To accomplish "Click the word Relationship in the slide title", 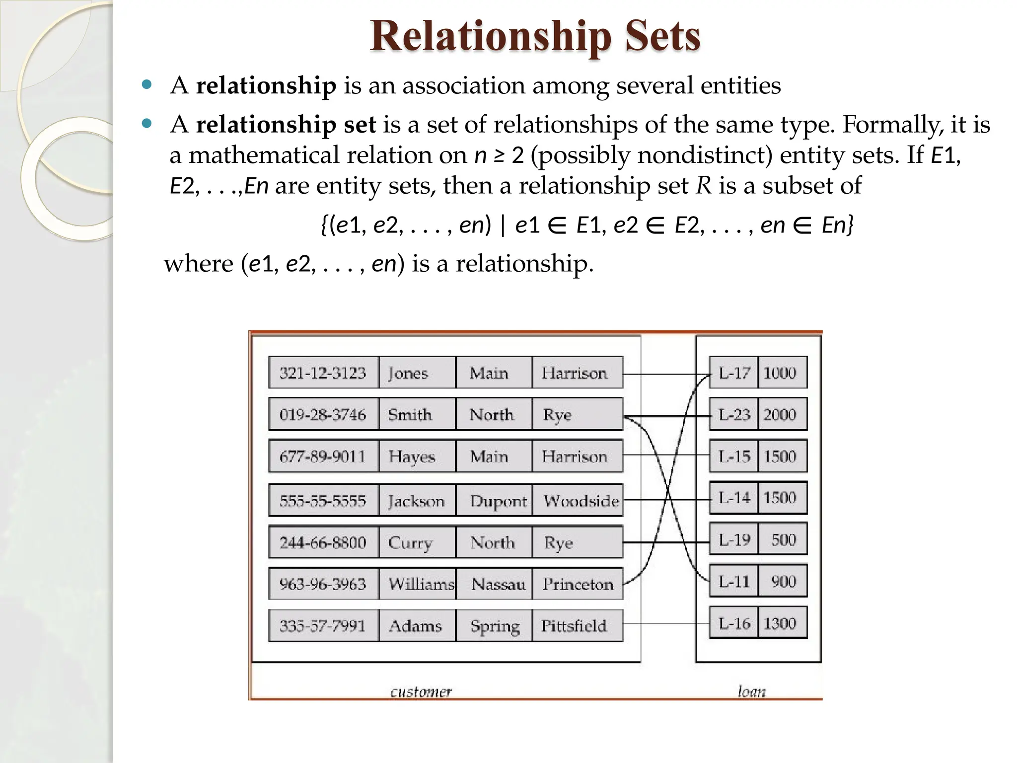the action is (491, 37).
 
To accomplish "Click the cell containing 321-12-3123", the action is (323, 373).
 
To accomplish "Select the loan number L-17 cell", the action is (734, 373).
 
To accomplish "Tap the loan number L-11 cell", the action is (734, 581).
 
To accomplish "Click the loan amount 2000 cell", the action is (781, 414).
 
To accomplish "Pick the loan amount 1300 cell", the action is (781, 623).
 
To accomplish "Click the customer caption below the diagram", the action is (421, 691).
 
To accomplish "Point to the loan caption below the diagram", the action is (751, 691).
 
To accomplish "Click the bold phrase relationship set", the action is (286, 124).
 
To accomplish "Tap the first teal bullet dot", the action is (146, 84).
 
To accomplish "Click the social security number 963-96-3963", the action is (323, 584).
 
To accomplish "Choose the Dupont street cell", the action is (498, 501).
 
